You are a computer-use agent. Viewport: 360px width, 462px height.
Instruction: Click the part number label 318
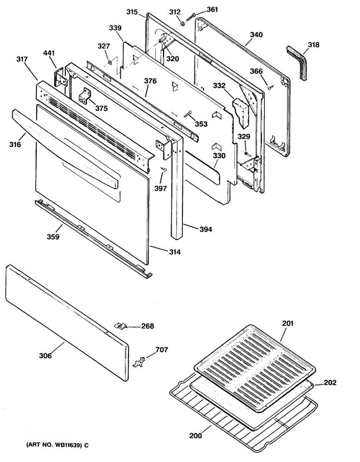314,45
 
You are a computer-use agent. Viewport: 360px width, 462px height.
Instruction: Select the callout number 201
287,323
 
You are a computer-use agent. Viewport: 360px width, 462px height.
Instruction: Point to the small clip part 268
120,326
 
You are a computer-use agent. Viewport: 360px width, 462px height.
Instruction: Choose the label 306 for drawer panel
45,356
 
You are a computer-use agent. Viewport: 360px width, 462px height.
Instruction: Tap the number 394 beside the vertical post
206,229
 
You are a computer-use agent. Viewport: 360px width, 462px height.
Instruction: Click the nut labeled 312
182,24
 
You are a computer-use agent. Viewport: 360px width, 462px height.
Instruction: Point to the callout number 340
256,35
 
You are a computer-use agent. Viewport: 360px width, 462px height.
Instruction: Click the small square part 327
109,60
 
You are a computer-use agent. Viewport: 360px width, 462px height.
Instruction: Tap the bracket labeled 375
85,96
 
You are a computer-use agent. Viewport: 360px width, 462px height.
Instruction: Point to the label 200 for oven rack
195,436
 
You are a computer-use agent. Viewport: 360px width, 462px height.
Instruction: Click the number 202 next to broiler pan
330,383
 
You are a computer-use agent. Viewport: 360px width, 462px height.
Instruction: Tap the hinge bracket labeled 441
61,79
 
